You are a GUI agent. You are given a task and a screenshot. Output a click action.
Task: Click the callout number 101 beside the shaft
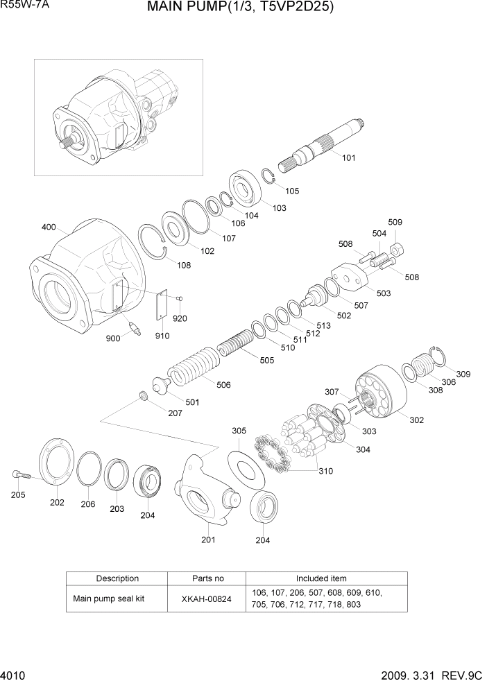(348, 157)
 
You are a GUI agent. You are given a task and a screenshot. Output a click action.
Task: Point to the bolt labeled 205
(20, 475)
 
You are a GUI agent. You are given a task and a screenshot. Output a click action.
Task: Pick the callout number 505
(266, 360)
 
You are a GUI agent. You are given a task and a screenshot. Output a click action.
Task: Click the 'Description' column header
(117, 578)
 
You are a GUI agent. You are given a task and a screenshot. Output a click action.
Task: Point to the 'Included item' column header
(321, 578)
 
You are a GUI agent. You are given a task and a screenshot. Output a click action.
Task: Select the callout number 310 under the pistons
(325, 471)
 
